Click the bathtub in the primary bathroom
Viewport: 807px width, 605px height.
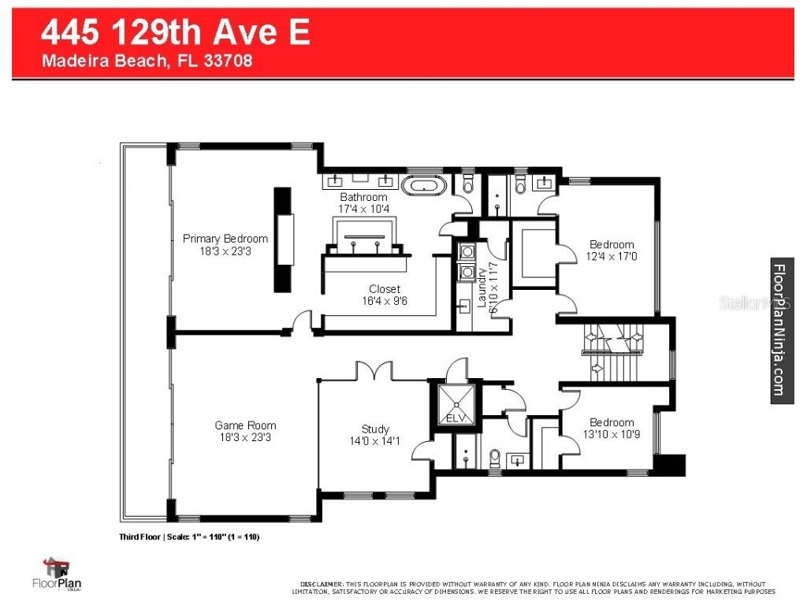pos(425,187)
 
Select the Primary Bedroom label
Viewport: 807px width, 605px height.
pos(225,239)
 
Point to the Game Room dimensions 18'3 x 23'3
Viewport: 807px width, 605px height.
pos(245,437)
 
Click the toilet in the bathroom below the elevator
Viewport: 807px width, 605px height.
pos(495,457)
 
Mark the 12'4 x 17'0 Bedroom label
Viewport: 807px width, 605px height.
pos(612,251)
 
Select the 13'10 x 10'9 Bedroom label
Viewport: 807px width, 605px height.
pos(612,428)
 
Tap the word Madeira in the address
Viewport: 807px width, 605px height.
pos(71,61)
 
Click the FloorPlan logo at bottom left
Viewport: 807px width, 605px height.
pos(58,574)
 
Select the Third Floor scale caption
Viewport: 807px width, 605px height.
pos(188,536)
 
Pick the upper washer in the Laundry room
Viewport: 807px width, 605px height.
pos(466,252)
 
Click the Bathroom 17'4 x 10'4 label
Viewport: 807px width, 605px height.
pos(363,202)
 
